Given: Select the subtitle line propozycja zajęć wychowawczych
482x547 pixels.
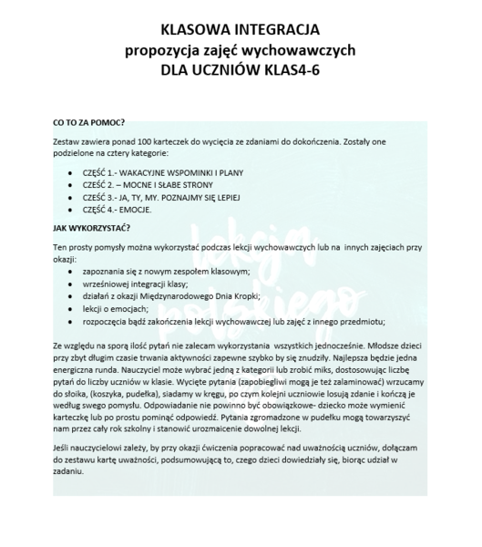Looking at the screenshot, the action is [x=240, y=49].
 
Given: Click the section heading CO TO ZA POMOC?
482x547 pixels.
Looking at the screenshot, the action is [x=88, y=120].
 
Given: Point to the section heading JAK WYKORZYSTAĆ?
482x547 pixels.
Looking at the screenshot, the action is [x=91, y=227].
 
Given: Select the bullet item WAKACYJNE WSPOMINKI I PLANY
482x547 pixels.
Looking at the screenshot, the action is [x=149, y=173].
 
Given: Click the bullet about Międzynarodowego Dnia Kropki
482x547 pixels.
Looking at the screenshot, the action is [x=170, y=296].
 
